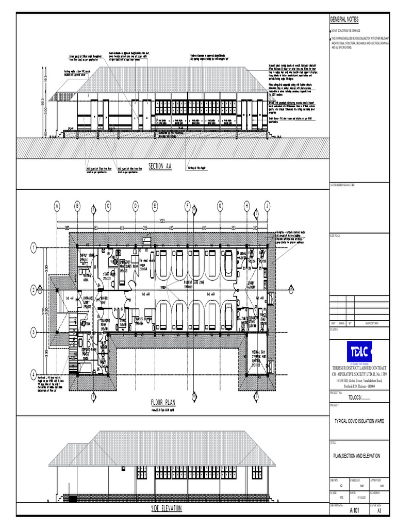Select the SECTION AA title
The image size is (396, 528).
click(160, 166)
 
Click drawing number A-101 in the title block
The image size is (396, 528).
click(355, 510)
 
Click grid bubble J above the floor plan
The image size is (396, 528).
click(267, 206)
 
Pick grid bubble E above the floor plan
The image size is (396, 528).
click(155, 206)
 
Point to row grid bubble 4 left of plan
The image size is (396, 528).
click(33, 374)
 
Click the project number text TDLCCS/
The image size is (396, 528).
click(359, 397)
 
